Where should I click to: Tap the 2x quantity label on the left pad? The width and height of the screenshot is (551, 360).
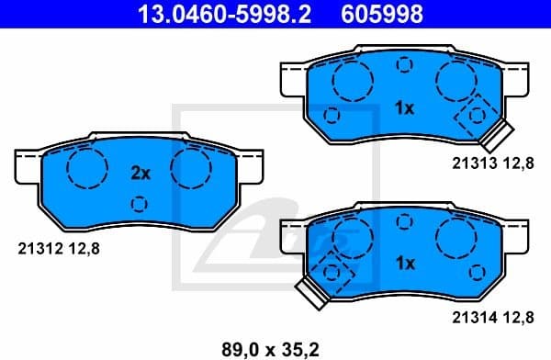click(x=140, y=173)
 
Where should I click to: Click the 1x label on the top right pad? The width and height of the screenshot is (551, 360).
click(x=404, y=107)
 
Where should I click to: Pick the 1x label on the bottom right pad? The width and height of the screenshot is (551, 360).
click(x=404, y=263)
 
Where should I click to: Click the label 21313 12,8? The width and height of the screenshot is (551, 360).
click(x=491, y=163)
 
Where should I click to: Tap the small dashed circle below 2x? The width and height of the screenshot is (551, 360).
click(x=139, y=203)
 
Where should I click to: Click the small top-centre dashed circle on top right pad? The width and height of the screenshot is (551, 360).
click(x=403, y=64)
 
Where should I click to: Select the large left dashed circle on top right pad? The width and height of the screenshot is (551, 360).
click(x=349, y=84)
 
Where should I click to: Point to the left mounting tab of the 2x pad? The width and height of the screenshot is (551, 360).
click(x=28, y=165)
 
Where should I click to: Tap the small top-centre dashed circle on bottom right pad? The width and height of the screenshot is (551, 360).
click(x=403, y=221)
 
